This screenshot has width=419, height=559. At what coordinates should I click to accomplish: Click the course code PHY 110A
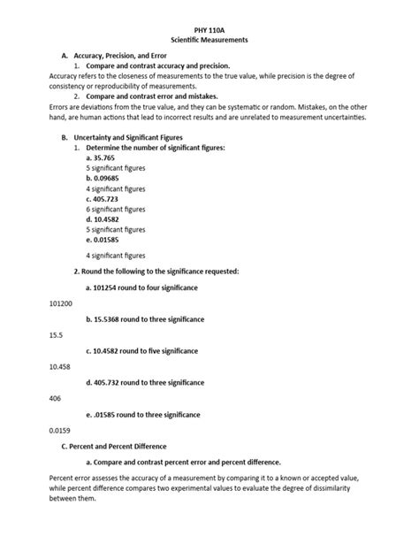209,29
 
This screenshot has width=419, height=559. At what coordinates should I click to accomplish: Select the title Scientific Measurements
209,41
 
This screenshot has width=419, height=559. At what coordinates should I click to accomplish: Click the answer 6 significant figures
116,210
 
